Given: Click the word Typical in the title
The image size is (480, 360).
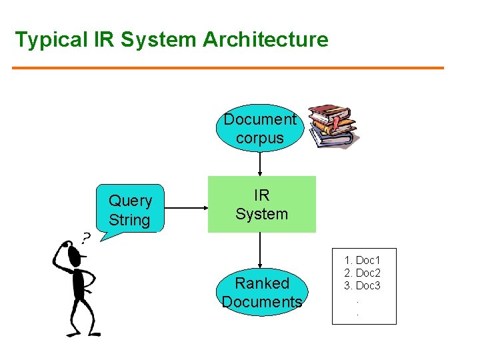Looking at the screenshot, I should coord(49,40).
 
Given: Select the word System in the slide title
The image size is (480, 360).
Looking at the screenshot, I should coord(161,40).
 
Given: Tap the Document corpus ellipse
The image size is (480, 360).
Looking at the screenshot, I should coord(260,129).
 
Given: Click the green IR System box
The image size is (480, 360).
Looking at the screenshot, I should coord(261,204).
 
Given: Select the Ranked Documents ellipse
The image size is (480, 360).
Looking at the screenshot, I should coord(261,292).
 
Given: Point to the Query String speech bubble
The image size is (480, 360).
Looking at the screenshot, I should coord(130,209).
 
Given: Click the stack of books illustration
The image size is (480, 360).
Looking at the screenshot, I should coord(331,126).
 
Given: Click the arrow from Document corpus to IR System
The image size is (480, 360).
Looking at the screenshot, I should coord(260,164).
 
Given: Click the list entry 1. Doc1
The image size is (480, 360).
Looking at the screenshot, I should coord(362,260).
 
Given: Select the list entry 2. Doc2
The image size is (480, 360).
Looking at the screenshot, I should coord(362,273).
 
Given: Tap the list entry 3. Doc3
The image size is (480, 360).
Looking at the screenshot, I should coord(362,285).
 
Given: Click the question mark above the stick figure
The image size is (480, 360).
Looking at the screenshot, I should coord(86,237).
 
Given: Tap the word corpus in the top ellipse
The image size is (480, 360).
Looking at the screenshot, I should coord(260,139).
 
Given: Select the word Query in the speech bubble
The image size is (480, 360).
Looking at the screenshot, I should coord(130,201).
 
